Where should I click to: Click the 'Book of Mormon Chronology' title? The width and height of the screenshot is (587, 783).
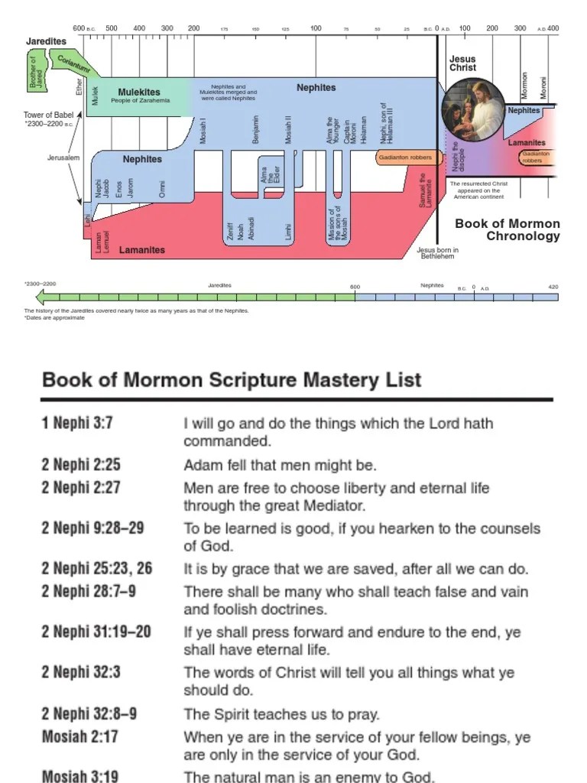point(508,229)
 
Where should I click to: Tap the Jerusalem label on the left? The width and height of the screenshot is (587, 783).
point(63,158)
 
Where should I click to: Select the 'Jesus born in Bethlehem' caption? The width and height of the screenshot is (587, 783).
point(437,253)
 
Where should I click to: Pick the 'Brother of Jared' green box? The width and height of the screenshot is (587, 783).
point(34,71)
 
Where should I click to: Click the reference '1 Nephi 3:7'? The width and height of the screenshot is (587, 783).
point(77,423)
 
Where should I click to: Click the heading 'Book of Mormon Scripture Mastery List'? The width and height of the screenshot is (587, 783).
point(232,379)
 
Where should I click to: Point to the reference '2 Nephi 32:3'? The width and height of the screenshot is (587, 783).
point(81,673)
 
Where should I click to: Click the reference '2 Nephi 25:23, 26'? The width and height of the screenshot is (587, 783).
point(96,568)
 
